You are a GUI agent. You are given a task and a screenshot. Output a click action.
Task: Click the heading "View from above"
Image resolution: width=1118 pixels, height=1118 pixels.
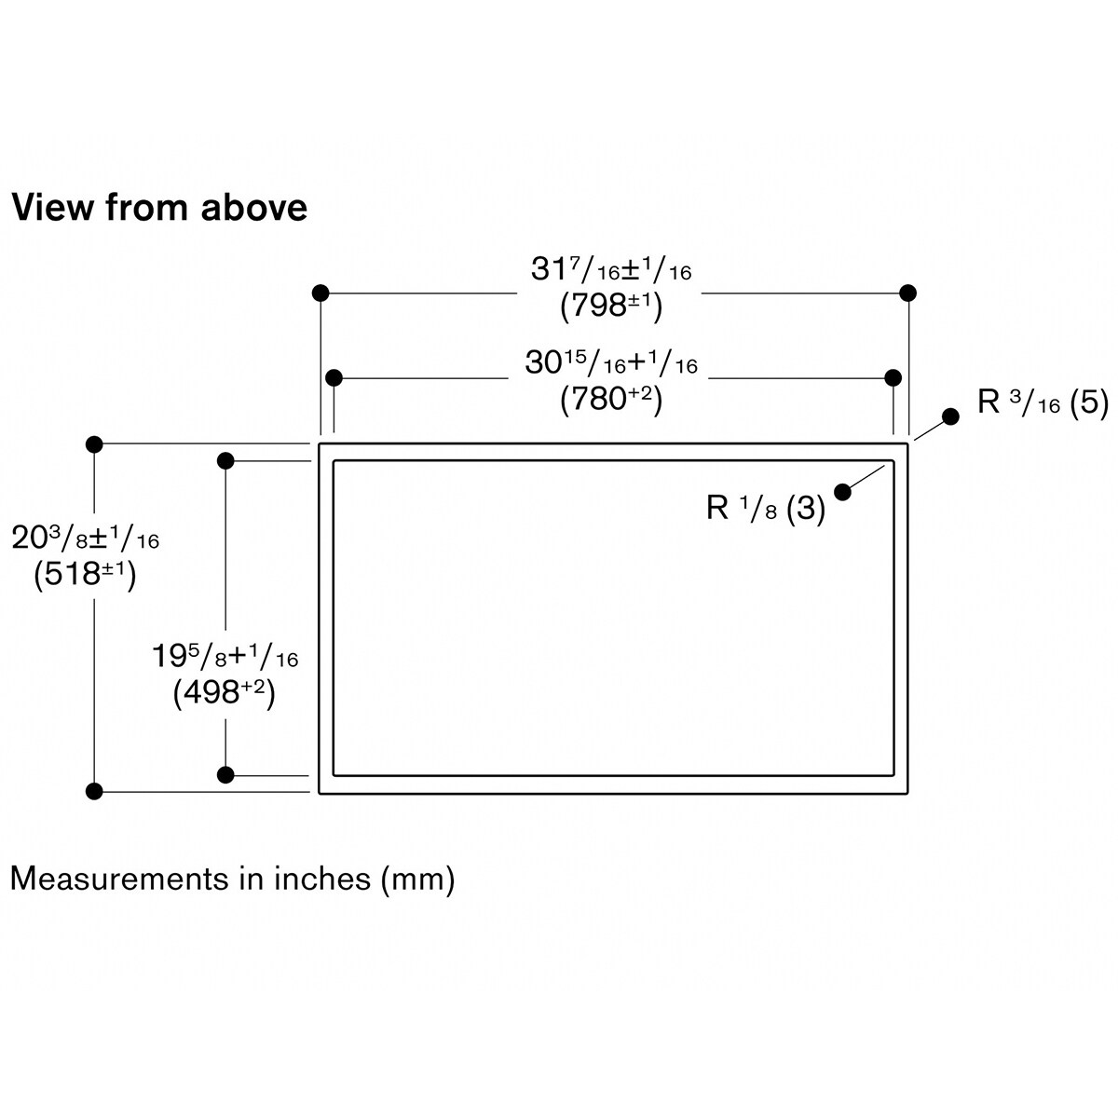tap(159, 207)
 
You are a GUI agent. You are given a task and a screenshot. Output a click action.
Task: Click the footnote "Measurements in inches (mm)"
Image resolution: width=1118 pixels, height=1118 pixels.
tap(232, 878)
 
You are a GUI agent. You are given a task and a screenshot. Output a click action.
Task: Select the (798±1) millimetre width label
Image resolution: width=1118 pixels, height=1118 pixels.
tap(610, 306)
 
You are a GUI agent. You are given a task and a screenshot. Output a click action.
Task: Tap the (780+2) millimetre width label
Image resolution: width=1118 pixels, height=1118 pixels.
tap(610, 399)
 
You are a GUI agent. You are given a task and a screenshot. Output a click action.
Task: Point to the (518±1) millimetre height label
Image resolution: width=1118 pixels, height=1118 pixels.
tap(85, 574)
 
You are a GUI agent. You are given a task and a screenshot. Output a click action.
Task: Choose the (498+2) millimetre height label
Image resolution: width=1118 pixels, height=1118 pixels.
tap(225, 693)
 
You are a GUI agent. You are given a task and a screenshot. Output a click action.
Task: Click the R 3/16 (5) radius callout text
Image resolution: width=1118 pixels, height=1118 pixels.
tap(1043, 402)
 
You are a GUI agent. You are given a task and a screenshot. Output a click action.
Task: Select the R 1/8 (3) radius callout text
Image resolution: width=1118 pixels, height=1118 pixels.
tap(766, 509)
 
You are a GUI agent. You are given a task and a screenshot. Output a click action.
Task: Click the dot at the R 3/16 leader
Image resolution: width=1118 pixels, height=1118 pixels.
tap(950, 416)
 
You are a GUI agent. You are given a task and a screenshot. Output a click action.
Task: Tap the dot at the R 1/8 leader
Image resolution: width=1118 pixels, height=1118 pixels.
tap(843, 492)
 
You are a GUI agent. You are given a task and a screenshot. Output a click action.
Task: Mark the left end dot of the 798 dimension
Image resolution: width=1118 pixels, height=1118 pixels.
tap(320, 293)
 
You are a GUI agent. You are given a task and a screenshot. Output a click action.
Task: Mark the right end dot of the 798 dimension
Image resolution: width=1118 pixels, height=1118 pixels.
tap(908, 293)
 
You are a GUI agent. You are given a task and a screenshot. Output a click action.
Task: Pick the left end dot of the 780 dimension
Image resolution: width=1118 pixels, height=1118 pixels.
tap(334, 377)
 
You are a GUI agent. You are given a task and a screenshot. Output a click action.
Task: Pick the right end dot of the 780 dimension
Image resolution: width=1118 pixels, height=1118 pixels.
tap(893, 377)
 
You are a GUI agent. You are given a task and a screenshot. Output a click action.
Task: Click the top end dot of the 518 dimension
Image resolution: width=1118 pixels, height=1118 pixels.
tap(93, 443)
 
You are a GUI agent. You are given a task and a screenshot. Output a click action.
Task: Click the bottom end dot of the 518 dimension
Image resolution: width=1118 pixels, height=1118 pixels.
tap(93, 792)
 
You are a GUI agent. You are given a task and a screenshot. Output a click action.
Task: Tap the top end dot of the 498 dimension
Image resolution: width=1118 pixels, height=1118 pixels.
tap(225, 460)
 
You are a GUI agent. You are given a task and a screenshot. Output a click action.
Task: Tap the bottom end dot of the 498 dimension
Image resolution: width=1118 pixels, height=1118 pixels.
tap(225, 774)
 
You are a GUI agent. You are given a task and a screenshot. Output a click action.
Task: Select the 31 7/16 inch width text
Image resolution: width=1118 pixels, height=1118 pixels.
tap(610, 269)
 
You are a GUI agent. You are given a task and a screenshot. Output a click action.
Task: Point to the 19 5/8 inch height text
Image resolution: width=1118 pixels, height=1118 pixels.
tap(225, 657)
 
